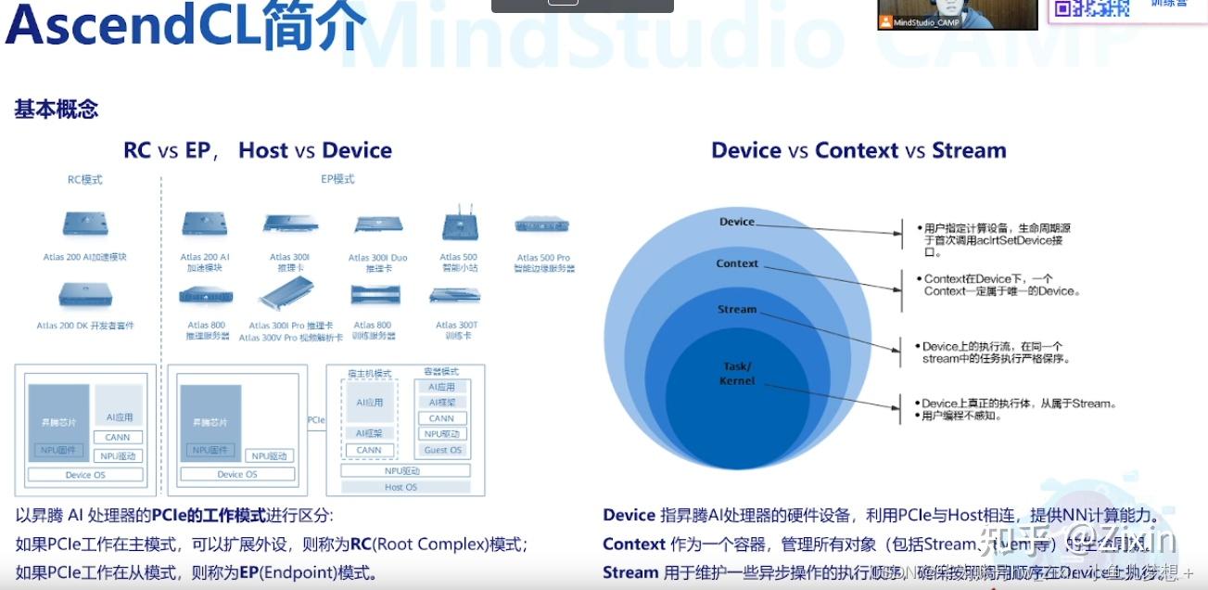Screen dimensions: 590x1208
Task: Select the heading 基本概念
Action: pyautogui.click(x=57, y=109)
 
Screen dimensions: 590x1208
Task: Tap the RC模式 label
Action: pyautogui.click(x=85, y=179)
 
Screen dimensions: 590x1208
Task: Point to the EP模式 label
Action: pyautogui.click(x=337, y=179)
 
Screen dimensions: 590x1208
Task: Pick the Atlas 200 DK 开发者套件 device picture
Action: pyautogui.click(x=85, y=295)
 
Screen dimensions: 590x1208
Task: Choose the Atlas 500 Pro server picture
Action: pyautogui.click(x=542, y=225)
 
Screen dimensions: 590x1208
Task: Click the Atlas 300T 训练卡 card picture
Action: pyautogui.click(x=455, y=296)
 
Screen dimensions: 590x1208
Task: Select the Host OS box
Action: pyautogui.click(x=401, y=487)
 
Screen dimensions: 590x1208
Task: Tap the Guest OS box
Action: pyautogui.click(x=442, y=450)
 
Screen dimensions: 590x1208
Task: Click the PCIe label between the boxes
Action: pyautogui.click(x=316, y=420)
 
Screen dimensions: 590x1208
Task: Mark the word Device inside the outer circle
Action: pyautogui.click(x=737, y=222)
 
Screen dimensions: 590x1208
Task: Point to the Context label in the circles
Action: pyautogui.click(x=737, y=263)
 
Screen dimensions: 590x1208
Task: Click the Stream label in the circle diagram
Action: pyautogui.click(x=737, y=309)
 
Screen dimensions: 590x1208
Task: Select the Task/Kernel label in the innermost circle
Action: pyautogui.click(x=737, y=373)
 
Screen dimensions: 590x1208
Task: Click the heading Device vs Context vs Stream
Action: pyautogui.click(x=858, y=150)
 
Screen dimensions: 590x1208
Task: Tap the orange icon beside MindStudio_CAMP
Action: pyautogui.click(x=885, y=22)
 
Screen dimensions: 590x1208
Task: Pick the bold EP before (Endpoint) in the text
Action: pyautogui.click(x=248, y=572)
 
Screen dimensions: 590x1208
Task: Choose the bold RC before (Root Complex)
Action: pyautogui.click(x=361, y=545)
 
